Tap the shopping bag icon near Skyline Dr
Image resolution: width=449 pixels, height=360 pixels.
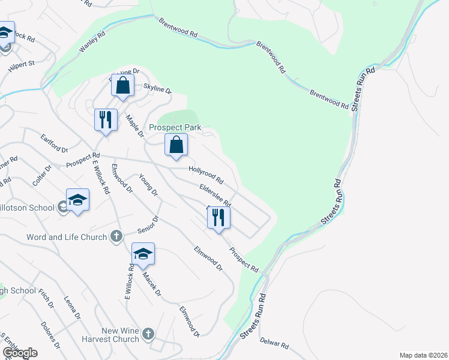122,86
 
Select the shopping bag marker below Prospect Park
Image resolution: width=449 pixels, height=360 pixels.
176,145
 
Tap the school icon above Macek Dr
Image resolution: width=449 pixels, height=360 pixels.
143,254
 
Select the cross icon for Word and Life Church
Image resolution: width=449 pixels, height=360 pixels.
116,236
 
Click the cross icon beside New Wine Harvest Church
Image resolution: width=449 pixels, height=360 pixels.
149,333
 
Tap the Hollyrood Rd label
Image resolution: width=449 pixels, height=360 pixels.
206,175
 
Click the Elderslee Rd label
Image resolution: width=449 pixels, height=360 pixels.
215,195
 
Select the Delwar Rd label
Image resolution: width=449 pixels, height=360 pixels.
274,346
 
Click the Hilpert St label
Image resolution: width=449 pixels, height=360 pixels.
22,67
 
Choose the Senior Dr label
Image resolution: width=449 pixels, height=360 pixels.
146,224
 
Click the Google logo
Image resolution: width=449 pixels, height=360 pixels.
19,353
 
